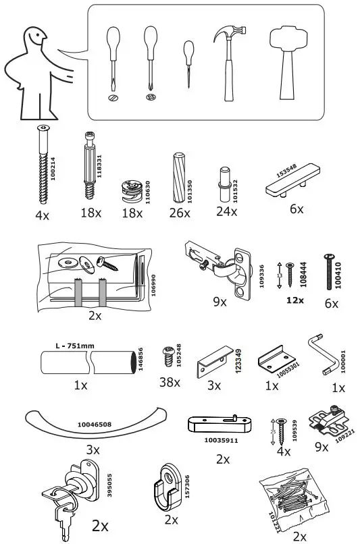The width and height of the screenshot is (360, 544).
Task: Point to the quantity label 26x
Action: (179, 213)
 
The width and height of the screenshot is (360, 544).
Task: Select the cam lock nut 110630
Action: (129, 191)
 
